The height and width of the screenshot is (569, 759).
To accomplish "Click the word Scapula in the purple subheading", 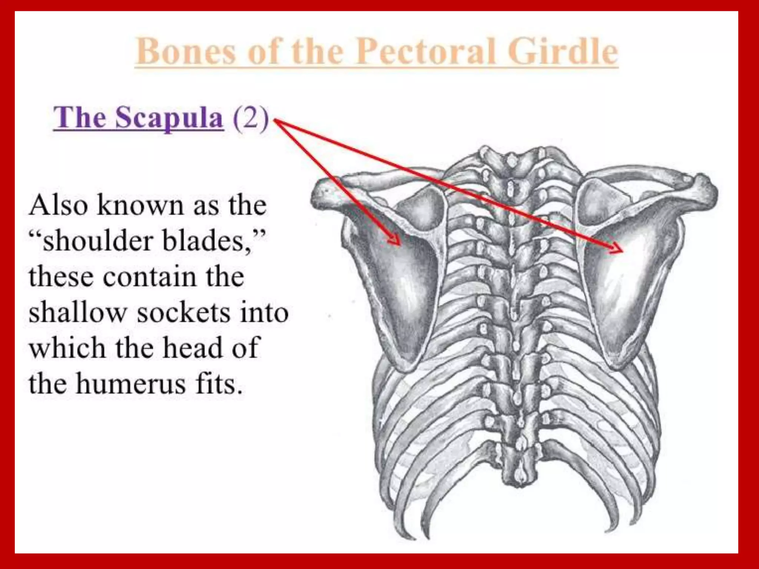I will (x=169, y=118).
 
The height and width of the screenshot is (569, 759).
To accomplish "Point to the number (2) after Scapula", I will (x=251, y=118).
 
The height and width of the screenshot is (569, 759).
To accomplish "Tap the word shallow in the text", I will (x=78, y=312).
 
